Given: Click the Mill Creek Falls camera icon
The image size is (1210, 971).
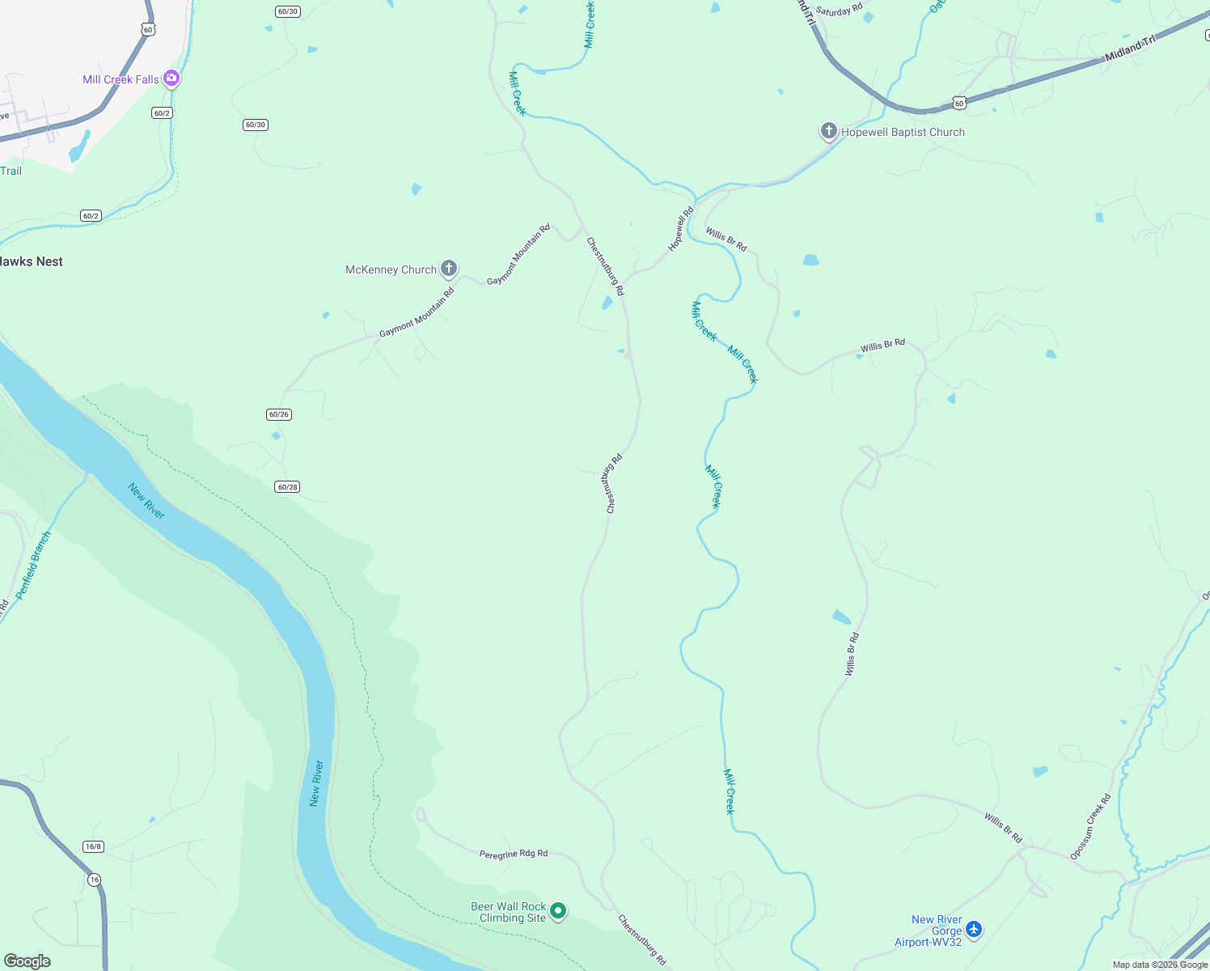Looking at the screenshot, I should tap(171, 78).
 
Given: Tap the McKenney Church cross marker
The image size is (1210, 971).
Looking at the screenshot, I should tap(449, 269).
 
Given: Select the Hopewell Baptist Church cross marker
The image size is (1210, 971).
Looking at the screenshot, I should tap(828, 131).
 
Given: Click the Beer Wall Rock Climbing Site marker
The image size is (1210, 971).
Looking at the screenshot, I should tap(558, 911).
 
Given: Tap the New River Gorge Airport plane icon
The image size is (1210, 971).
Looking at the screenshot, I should tap(974, 929).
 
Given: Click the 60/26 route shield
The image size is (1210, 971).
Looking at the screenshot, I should tap(278, 414).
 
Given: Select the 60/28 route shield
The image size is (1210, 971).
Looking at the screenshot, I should tap(287, 487).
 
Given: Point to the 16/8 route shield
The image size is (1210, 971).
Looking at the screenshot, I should tap(93, 846).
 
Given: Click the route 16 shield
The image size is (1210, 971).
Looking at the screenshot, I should tap(95, 880).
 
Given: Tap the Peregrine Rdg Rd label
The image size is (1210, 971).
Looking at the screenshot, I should tap(513, 854).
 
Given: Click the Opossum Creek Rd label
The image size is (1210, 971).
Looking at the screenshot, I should tap(1090, 826).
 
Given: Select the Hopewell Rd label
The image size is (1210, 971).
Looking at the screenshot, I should tap(681, 229).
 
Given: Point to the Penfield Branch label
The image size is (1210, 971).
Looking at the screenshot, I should tap(33, 564).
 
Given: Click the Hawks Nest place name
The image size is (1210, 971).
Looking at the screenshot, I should tap(31, 261).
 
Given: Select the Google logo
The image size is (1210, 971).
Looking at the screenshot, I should tap(27, 960).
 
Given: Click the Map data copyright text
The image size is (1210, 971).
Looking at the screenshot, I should tap(1160, 965).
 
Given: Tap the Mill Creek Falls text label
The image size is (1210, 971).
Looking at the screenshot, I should tap(121, 79).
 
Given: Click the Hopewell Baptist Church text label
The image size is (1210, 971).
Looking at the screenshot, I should tap(903, 132).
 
